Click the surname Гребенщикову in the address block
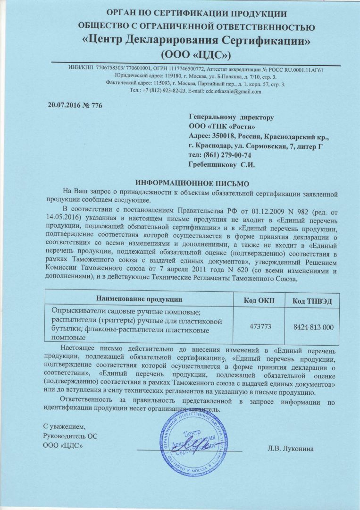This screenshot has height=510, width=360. click(210, 165)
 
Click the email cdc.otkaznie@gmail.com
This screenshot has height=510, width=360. click(233, 91)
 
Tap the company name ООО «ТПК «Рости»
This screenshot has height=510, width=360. click(222, 127)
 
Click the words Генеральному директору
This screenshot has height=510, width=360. click(231, 117)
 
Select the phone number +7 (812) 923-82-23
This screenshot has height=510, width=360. click(165, 91)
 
